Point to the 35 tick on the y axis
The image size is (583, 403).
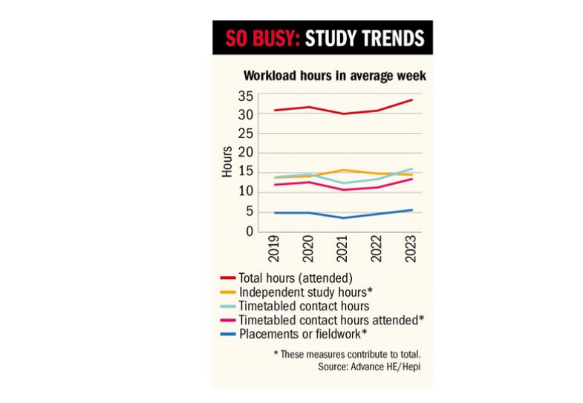(245, 95)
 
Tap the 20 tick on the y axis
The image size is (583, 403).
(245, 153)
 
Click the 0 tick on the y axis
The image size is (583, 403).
(250, 232)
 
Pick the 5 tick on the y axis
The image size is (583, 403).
(250, 212)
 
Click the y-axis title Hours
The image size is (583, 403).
(227, 161)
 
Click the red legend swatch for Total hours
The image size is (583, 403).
(227, 278)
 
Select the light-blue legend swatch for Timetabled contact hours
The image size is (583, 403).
(227, 306)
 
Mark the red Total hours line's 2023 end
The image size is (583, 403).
(412, 100)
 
